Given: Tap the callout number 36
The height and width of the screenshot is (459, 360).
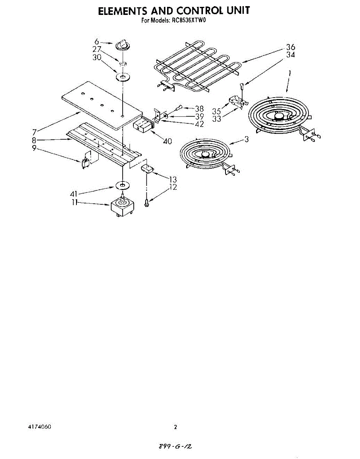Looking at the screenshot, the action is [x=290, y=47].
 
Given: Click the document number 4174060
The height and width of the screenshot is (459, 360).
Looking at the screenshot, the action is [x=40, y=427].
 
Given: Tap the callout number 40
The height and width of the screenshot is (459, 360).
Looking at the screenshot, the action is [x=167, y=141].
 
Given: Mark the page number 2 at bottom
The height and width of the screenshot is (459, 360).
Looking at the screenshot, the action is [x=175, y=427].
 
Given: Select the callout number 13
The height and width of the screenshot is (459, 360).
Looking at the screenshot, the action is [x=173, y=179].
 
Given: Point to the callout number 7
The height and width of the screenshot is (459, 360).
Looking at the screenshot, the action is [x=34, y=132].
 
